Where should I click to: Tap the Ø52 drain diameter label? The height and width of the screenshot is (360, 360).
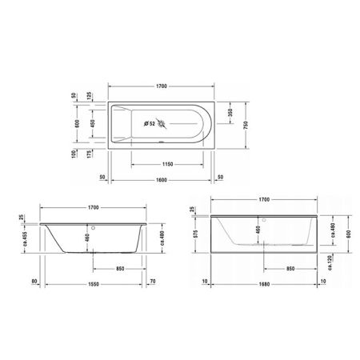[149, 123]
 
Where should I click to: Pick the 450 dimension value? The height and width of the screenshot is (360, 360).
[91, 123]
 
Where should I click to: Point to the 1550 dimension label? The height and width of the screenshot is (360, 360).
[94, 282]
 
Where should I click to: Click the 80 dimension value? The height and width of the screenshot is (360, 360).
[35, 282]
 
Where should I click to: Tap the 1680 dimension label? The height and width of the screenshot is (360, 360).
[262, 282]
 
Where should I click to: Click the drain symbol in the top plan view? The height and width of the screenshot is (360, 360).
[164, 124]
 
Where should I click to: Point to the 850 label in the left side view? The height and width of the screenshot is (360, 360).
[118, 268]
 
